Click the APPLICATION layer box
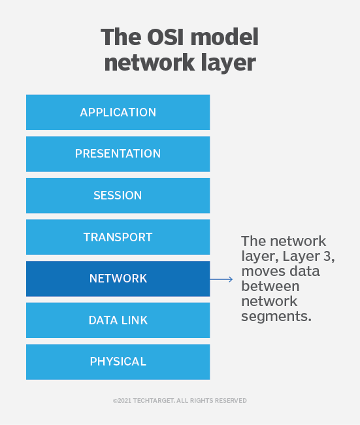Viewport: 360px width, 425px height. point(118,112)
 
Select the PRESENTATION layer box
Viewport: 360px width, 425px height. point(118,154)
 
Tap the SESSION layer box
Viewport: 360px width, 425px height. point(118,195)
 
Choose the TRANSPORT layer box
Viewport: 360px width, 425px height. point(118,237)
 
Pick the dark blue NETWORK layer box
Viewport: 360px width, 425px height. point(118,279)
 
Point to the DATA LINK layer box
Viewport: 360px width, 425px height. point(118,320)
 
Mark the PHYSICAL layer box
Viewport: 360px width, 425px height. point(118,362)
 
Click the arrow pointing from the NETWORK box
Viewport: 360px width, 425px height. point(221,279)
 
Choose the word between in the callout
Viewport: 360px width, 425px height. point(270,286)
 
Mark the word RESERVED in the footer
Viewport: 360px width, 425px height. point(229,400)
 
